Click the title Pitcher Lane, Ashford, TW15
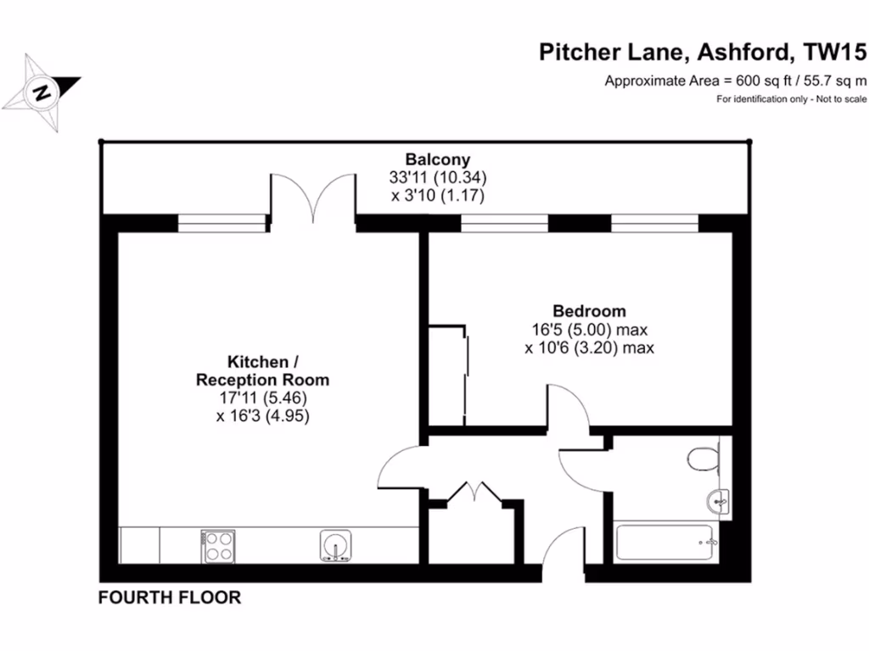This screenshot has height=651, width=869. click(x=704, y=53)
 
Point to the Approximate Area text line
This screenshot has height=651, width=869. click(x=735, y=81)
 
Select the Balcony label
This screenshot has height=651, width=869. click(x=437, y=159)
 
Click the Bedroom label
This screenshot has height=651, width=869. click(x=589, y=311)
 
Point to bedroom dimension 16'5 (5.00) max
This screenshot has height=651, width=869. click(x=589, y=330)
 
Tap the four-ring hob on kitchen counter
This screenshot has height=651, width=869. click(x=218, y=545)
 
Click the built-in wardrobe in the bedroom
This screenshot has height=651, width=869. click(x=447, y=374)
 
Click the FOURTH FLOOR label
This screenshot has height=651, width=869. click(x=170, y=598)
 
